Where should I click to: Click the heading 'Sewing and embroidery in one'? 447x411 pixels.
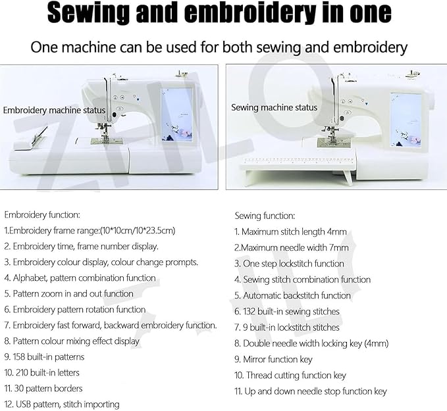(x=219, y=13)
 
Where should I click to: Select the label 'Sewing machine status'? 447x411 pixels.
(x=274, y=107)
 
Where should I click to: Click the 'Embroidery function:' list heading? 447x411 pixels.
(x=42, y=214)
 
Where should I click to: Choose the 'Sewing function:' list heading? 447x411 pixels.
(x=265, y=216)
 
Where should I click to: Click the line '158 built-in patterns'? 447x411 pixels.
(x=45, y=357)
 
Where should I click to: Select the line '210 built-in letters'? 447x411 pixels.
(x=42, y=373)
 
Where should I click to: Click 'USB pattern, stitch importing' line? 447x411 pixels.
(x=62, y=404)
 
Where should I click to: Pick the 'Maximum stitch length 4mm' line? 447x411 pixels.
(x=291, y=231)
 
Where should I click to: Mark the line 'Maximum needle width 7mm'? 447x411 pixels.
(x=291, y=248)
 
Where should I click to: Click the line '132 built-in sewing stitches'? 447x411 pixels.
(x=287, y=311)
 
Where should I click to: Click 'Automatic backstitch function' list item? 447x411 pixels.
(x=292, y=295)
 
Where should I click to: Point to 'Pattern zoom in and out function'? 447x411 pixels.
(x=69, y=294)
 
